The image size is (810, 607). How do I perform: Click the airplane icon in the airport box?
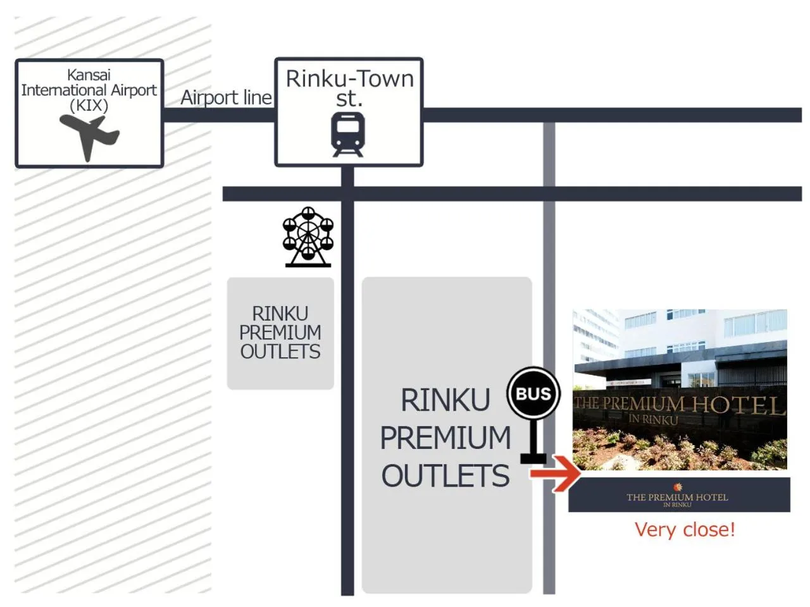point(89,136)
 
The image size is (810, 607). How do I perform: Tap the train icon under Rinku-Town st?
point(348,134)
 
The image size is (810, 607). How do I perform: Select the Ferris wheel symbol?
point(308,236)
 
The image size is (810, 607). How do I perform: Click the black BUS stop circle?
point(533,394)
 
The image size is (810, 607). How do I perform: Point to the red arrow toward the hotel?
point(556,473)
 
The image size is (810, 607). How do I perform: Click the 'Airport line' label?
point(226,97)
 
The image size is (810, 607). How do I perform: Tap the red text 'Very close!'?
point(685,529)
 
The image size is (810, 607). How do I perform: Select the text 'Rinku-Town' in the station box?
point(349,79)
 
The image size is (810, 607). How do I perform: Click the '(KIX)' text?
point(89,106)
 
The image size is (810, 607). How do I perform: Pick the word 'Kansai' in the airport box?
point(89,75)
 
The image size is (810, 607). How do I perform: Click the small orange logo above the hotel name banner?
point(678,487)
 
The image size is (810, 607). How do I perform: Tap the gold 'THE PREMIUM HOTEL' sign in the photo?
point(678,404)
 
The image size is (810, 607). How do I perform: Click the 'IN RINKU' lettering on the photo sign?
point(653,419)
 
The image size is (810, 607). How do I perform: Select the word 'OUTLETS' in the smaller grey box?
point(280,352)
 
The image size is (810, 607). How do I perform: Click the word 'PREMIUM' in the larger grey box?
point(445,438)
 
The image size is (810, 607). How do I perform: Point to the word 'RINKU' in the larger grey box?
point(445,400)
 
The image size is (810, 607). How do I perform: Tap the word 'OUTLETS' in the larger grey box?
point(445,476)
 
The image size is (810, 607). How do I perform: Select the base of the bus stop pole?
point(533,458)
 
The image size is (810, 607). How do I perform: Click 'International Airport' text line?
point(89,90)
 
